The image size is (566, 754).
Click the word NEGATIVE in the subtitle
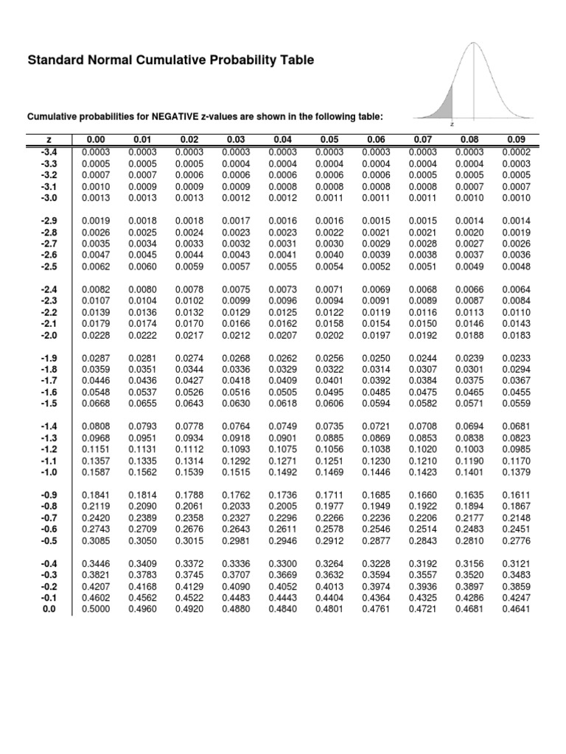178,116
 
